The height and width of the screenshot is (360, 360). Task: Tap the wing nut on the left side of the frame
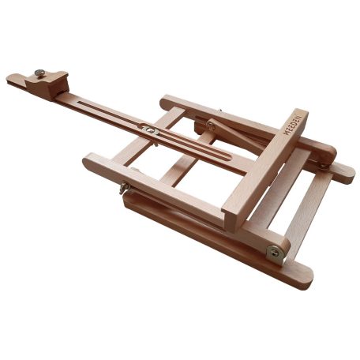click(124, 189)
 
